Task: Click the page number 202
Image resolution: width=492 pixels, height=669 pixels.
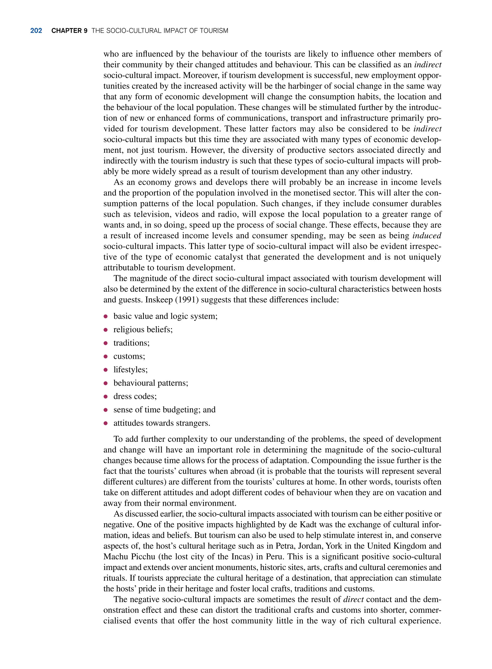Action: tap(36, 31)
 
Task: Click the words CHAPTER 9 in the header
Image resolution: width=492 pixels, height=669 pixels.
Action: tap(69, 31)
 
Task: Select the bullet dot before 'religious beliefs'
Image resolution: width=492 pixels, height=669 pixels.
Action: tap(105, 330)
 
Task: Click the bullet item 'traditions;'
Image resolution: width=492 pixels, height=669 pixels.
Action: tap(131, 343)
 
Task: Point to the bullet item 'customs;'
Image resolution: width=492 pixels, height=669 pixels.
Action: tap(129, 356)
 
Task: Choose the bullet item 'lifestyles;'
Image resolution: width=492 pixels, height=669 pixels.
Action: tap(130, 370)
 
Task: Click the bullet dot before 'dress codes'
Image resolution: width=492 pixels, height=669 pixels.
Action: tap(105, 397)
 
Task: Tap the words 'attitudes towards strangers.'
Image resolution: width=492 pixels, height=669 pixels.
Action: tap(162, 423)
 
